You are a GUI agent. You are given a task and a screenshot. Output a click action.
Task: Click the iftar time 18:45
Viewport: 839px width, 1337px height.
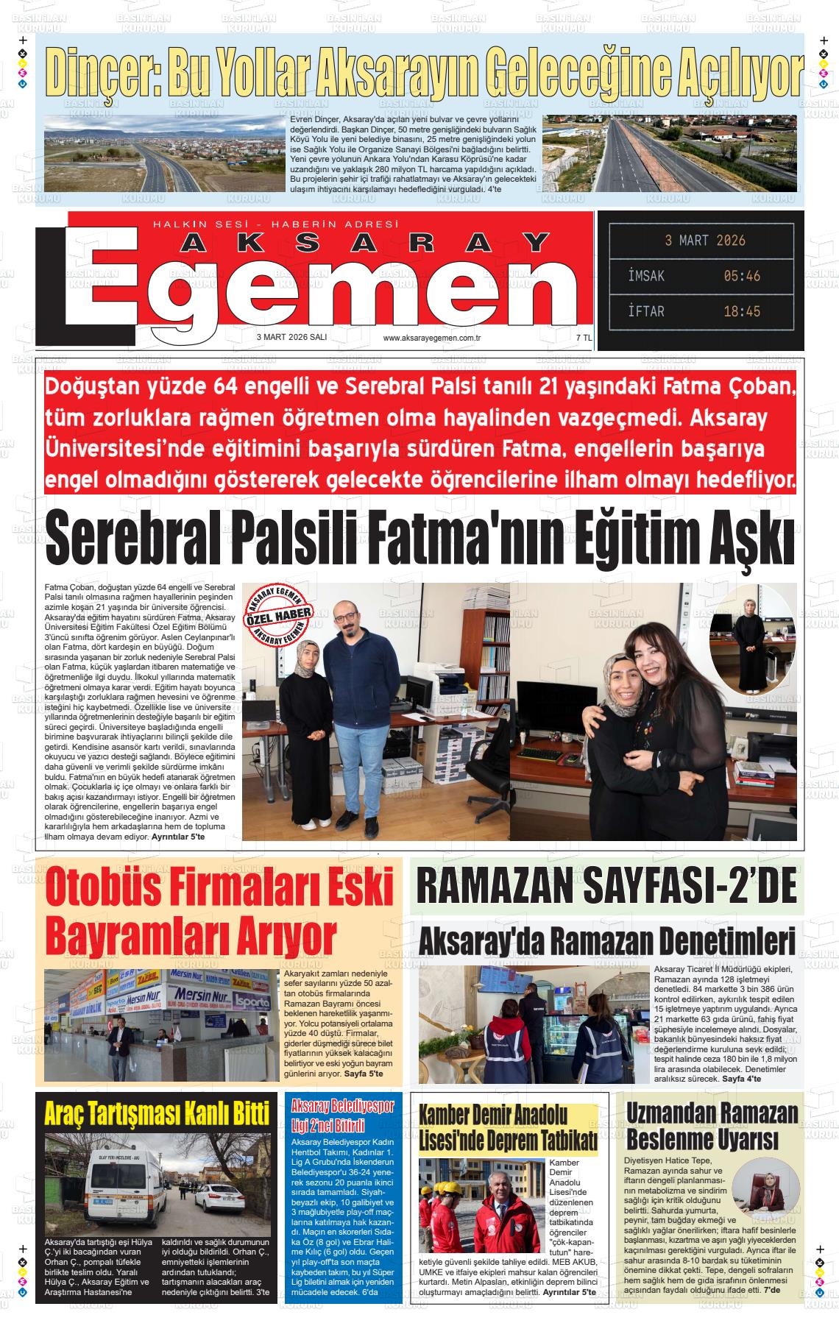point(741,311)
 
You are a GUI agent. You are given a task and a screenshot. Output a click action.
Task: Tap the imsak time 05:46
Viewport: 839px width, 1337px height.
point(741,276)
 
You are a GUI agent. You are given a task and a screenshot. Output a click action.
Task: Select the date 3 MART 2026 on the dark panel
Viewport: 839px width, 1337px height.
point(704,241)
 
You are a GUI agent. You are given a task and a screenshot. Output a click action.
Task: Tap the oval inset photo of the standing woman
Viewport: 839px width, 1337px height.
point(751,640)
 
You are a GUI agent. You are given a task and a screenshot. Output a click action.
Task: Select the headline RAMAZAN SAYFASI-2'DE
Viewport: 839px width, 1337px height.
point(607,887)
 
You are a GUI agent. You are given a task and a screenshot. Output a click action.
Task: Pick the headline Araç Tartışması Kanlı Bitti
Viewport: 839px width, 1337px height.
point(156,1115)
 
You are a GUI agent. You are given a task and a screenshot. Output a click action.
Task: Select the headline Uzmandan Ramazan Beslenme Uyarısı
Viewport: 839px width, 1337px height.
point(711,1127)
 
